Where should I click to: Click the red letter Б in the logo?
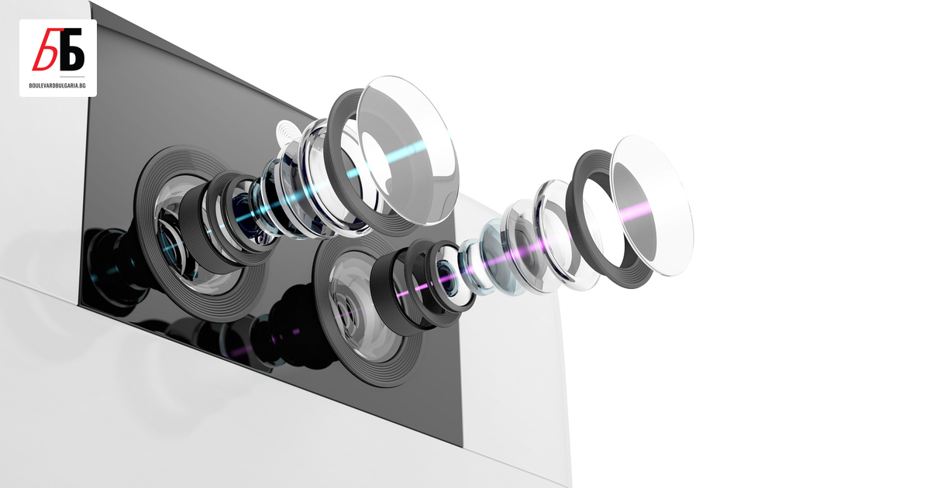[45, 49]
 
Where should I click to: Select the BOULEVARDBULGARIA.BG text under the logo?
[57, 85]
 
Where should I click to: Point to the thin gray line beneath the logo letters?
[72, 77]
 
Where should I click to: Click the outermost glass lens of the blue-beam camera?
[408, 150]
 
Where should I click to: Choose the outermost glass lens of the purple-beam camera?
[652, 205]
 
